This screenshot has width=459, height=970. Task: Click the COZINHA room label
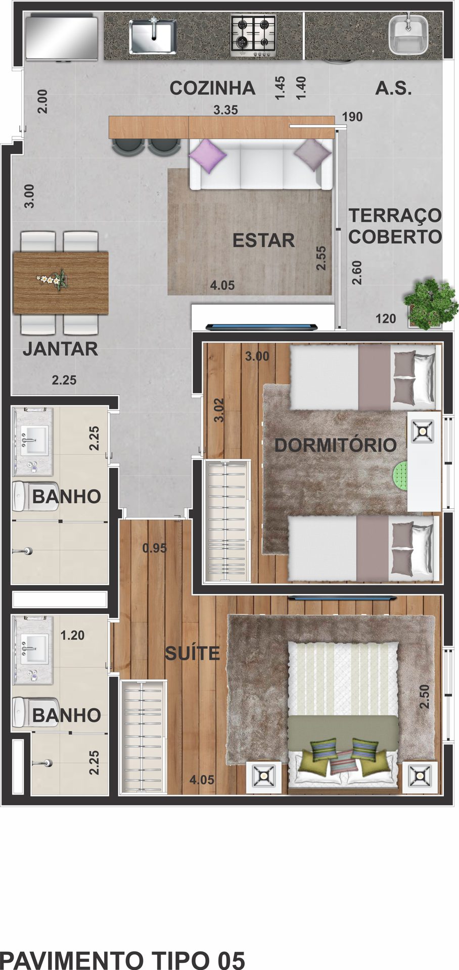coord(212,88)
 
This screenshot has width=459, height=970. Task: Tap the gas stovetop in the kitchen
coord(253,35)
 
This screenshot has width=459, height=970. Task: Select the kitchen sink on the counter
coord(152,36)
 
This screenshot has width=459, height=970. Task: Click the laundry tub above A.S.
coord(408,34)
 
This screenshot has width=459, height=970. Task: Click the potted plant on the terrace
coord(430,303)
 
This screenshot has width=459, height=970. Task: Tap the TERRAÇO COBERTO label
coord(395,226)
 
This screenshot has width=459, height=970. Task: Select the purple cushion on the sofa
coord(207,156)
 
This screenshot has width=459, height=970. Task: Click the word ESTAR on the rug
coord(263,240)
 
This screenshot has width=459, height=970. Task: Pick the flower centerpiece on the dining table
coord(53,279)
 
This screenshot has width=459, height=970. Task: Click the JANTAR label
coord(60,349)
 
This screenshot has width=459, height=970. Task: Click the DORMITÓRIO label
coord(335,445)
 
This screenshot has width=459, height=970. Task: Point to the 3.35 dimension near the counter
coord(225,110)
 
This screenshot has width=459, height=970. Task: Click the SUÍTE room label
coord(193,653)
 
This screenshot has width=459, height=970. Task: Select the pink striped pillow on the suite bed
coord(344,762)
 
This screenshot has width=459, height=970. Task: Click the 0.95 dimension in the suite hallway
coord(154,548)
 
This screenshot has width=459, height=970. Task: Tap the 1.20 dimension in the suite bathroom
coord(72,635)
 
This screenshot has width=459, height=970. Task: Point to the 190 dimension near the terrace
coord(352,117)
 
